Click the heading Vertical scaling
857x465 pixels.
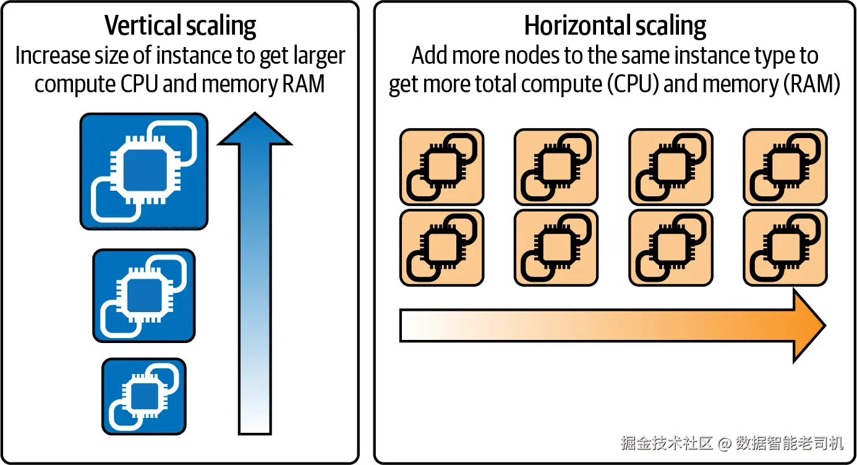(180, 27)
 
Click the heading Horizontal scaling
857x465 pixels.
(615, 27)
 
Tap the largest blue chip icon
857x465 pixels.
(143, 171)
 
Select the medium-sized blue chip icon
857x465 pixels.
(143, 295)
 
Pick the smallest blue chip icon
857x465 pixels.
(143, 396)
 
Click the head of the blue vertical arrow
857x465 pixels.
(254, 130)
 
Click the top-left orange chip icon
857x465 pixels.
(441, 167)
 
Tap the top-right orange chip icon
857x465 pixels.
(785, 167)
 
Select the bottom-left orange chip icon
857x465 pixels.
(441, 248)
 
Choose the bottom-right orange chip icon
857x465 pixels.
(785, 248)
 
